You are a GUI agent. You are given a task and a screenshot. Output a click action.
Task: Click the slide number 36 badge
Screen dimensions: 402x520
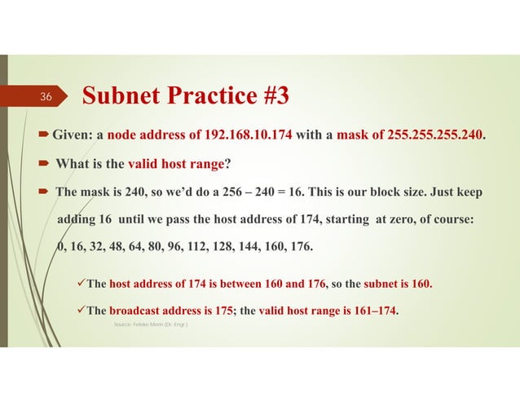[46, 97]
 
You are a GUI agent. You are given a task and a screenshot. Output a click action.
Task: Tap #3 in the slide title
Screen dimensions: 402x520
[265, 96]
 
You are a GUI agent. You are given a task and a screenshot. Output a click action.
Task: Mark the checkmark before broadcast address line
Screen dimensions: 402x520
[79, 310]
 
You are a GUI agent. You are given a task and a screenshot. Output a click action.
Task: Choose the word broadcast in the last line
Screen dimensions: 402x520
[135, 310]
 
